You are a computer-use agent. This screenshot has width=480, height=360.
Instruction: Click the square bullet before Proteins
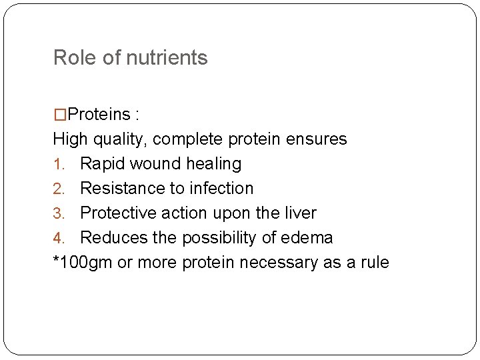coord(60,115)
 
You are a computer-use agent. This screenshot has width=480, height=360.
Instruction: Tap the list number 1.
coord(58,164)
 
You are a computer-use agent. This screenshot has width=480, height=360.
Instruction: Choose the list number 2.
coord(58,189)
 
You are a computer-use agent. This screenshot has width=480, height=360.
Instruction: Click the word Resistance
coord(122,189)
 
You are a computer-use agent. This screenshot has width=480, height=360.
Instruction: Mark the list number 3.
coord(58,213)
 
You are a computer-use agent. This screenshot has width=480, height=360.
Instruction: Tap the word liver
coord(300,213)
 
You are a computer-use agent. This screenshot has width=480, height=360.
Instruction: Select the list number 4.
coord(58,238)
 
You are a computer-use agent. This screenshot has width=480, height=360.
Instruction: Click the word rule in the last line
coord(373,263)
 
